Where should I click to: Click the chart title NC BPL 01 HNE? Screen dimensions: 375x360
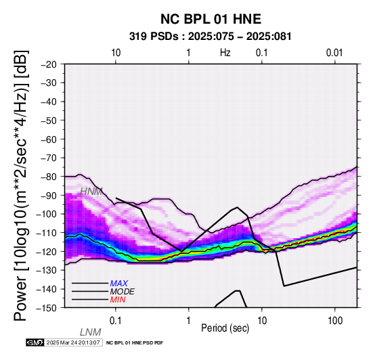(211, 19)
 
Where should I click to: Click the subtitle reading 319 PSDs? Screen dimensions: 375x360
(154, 37)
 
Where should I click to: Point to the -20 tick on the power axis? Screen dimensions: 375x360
(49, 64)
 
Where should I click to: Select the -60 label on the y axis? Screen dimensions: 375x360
(49, 139)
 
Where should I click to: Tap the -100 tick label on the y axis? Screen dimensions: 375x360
(47, 214)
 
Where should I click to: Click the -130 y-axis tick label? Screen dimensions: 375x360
(47, 270)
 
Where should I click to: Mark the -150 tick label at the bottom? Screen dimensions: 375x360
(47, 308)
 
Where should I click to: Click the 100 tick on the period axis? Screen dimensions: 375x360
(335, 321)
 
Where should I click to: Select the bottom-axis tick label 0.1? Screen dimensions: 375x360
(116, 321)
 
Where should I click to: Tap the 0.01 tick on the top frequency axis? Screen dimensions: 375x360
(334, 53)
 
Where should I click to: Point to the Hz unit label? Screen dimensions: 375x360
(225, 53)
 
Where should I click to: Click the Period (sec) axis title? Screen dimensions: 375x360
(225, 328)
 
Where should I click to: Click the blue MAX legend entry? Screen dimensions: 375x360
(119, 284)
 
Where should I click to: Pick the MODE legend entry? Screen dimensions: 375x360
(123, 292)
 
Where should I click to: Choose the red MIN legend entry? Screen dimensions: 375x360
(118, 300)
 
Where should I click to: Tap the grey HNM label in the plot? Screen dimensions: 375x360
(91, 192)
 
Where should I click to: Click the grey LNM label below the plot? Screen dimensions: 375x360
(91, 332)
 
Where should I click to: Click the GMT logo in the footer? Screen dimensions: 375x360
(35, 342)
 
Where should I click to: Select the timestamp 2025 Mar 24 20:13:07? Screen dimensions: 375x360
(73, 342)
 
